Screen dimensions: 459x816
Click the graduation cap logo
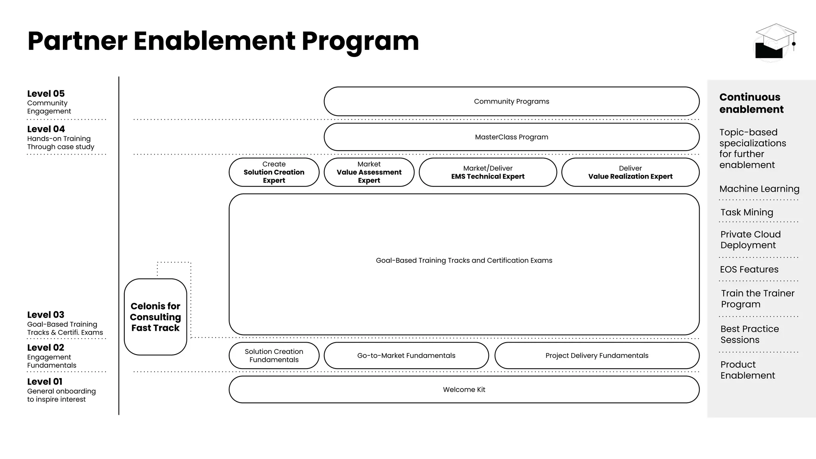pos(775,42)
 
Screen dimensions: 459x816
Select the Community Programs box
pos(511,102)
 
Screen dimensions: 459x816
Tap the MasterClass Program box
pos(511,137)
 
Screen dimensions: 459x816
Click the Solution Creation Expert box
pos(274,172)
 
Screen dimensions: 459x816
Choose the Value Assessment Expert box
pos(369,172)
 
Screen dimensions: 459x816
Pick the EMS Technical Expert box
pos(488,172)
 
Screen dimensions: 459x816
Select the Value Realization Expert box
pos(630,172)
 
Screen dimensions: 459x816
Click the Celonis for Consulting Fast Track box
pos(155,317)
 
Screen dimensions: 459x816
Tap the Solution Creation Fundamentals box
pos(274,355)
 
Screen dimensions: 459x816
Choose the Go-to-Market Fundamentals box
pos(406,355)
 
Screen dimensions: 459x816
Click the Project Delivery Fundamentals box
pos(596,355)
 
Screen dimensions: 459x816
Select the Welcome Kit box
pos(464,390)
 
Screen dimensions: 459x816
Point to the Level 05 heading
pos(46,94)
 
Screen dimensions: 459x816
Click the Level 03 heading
pos(46,315)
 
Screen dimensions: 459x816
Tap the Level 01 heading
pos(45,382)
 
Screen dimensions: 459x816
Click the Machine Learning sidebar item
pos(759,189)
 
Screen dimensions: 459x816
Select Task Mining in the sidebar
pos(747,212)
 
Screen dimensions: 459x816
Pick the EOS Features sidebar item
pos(749,269)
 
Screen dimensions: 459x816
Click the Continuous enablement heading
pos(751,103)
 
